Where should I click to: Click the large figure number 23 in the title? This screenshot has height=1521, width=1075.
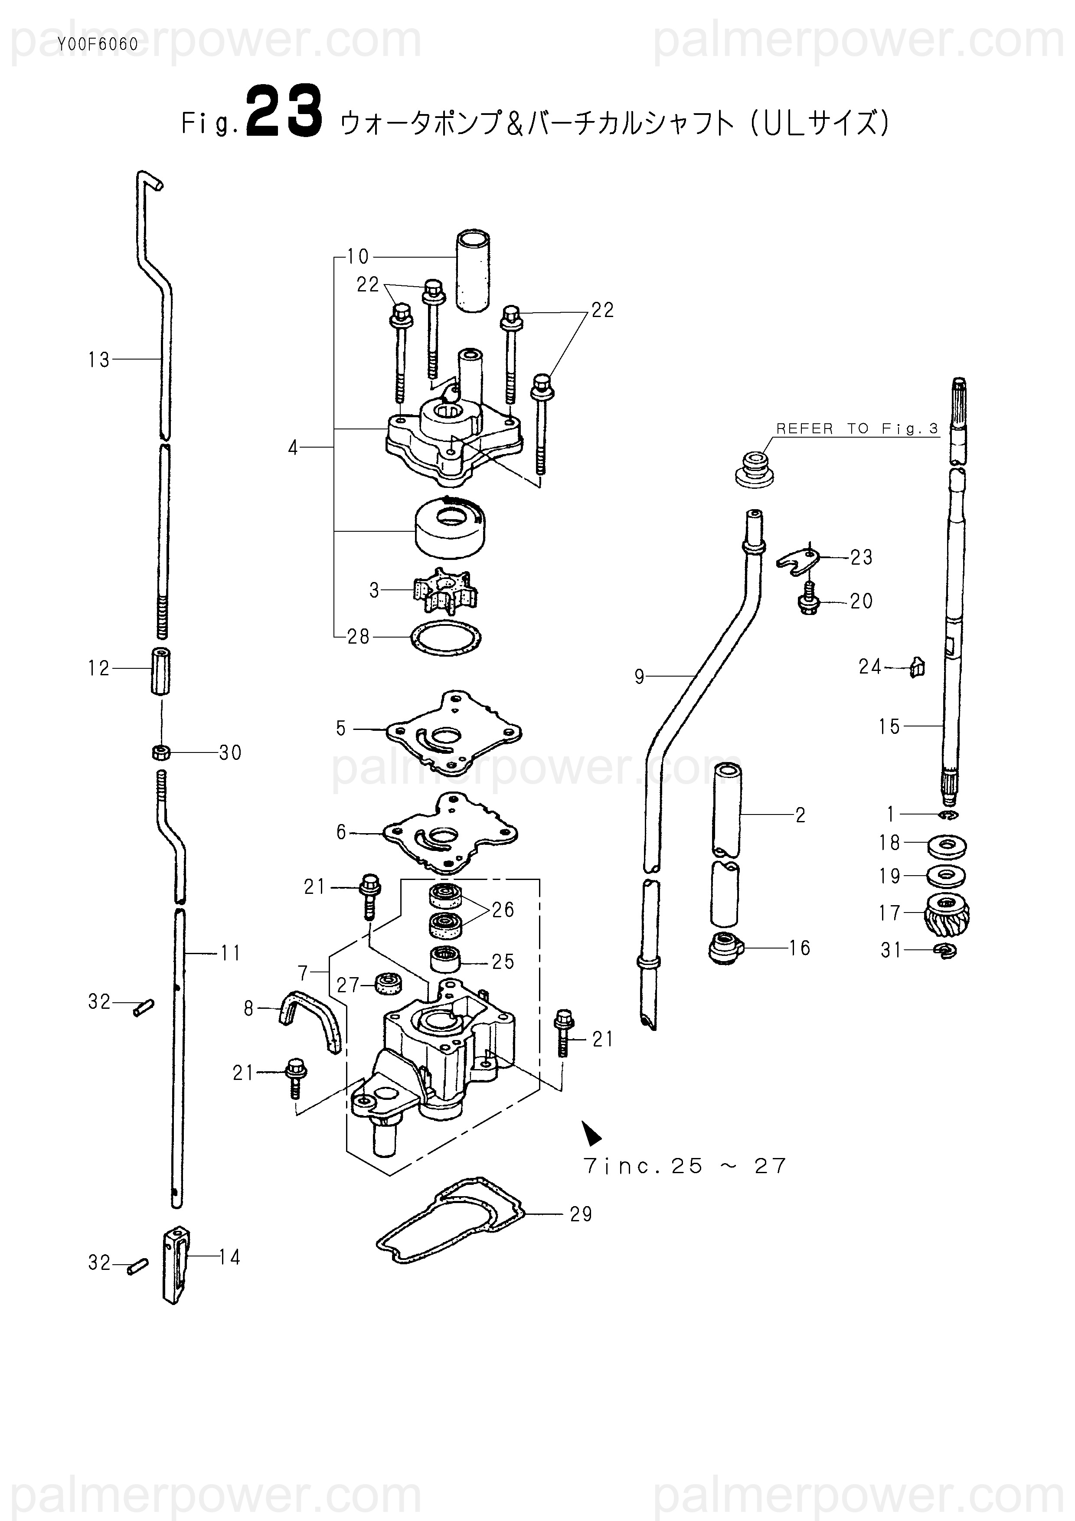(x=285, y=112)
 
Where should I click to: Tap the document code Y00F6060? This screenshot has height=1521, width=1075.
(x=98, y=44)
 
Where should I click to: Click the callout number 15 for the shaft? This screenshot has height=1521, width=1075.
(x=889, y=727)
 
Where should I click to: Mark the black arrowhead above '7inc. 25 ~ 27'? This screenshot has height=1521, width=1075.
(x=590, y=1132)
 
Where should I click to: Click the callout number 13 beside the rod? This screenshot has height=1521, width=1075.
(x=99, y=360)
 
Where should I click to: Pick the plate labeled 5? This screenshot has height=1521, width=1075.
(x=453, y=732)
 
